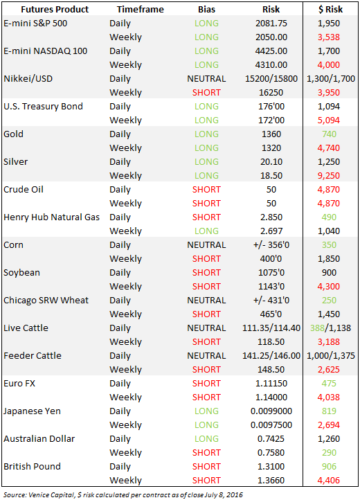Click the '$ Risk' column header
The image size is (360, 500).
pos(330,10)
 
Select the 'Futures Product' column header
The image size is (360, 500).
pos(55,10)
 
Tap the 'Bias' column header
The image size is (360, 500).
pos(206,10)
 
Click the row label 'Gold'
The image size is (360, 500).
pos(13,134)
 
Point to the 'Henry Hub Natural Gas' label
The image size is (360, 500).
pos(51,217)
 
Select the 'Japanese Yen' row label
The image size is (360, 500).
pos(32,411)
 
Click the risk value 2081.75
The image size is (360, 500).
pos(271,24)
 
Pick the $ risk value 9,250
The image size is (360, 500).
pos(329,176)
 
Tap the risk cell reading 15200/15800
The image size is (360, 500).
pos(271,79)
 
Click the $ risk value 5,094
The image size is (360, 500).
pos(329,120)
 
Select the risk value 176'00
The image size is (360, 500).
pos(271,107)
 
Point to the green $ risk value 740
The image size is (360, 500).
pos(329,134)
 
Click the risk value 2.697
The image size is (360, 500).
pos(271,231)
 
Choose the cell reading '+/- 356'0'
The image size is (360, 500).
pos(271,245)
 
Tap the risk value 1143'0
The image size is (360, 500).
pos(271,286)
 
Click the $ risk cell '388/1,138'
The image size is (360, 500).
pos(330,328)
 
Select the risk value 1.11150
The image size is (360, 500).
pos(271,383)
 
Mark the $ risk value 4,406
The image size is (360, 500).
pos(329,480)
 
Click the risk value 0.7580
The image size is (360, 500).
pos(271,452)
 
